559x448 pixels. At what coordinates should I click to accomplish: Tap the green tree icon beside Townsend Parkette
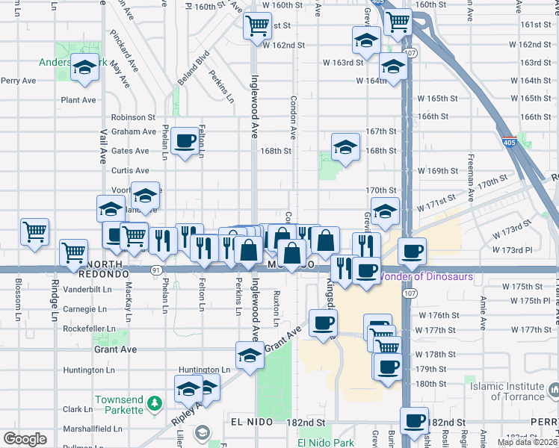(155, 404)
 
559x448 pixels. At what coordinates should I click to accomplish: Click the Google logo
(25, 439)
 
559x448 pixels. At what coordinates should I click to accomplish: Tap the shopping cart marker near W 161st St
(257, 25)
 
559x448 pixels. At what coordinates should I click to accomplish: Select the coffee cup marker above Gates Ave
(185, 140)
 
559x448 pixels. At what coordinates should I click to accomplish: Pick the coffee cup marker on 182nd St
(415, 420)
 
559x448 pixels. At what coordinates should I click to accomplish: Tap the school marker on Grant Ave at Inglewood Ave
(250, 355)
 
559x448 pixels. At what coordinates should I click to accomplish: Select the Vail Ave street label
(102, 146)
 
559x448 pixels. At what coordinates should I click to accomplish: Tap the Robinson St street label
(132, 117)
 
